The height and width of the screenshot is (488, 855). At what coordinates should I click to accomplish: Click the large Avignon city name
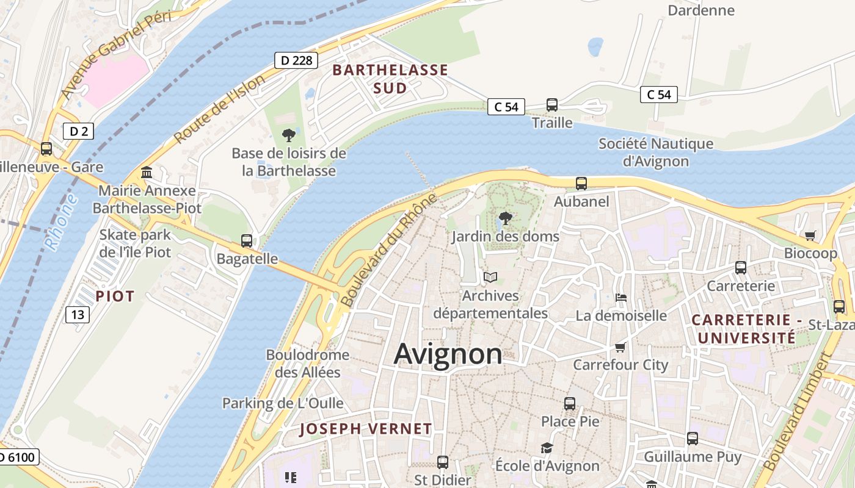tap(448, 354)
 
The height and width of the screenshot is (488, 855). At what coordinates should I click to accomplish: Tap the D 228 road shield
tap(296, 60)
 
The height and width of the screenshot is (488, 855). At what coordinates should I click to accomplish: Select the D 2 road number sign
tap(78, 131)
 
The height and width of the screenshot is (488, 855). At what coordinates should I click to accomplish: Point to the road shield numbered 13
tap(78, 314)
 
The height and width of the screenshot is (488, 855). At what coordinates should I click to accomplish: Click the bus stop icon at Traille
tap(552, 105)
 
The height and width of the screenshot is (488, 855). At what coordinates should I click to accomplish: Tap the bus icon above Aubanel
tap(581, 183)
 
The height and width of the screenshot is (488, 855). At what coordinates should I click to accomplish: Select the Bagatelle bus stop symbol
tap(247, 241)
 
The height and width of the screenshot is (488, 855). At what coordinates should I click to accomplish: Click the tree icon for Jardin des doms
tap(505, 218)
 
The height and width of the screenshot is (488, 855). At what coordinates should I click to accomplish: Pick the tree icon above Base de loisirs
tap(289, 135)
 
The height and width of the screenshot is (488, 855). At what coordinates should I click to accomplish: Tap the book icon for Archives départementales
tap(490, 278)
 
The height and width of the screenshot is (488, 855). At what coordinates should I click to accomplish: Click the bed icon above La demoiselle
tap(621, 298)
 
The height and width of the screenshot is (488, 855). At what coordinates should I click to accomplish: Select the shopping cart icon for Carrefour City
tap(620, 347)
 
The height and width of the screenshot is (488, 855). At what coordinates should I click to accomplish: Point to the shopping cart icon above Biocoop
tap(810, 235)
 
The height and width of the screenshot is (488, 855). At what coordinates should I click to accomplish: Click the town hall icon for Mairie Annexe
tap(147, 173)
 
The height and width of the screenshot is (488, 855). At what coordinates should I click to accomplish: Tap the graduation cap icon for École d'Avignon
tap(547, 448)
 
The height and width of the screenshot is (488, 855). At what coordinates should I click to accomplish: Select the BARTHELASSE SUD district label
tap(390, 79)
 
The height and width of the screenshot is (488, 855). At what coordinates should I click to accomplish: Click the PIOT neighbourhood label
tap(115, 296)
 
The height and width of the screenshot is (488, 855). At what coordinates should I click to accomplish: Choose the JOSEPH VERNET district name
tap(365, 429)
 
